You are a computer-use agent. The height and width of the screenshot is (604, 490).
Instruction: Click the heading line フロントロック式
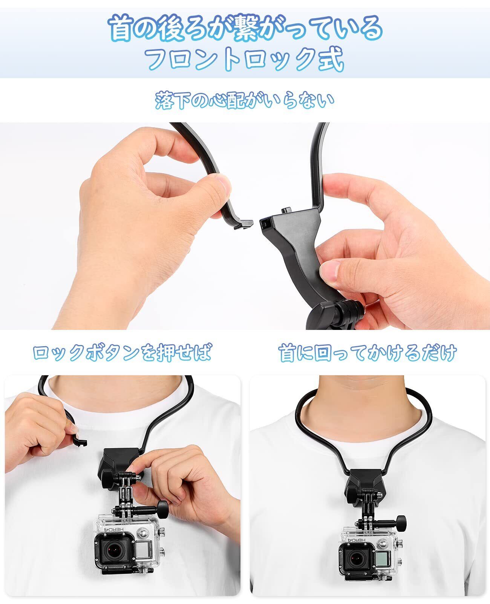(245, 59)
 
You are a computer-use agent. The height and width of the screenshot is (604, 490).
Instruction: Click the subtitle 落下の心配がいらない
(245, 100)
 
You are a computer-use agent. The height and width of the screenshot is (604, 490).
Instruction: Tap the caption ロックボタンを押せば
(122, 353)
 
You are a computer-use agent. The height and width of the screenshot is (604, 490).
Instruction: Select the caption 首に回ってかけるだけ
(367, 353)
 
